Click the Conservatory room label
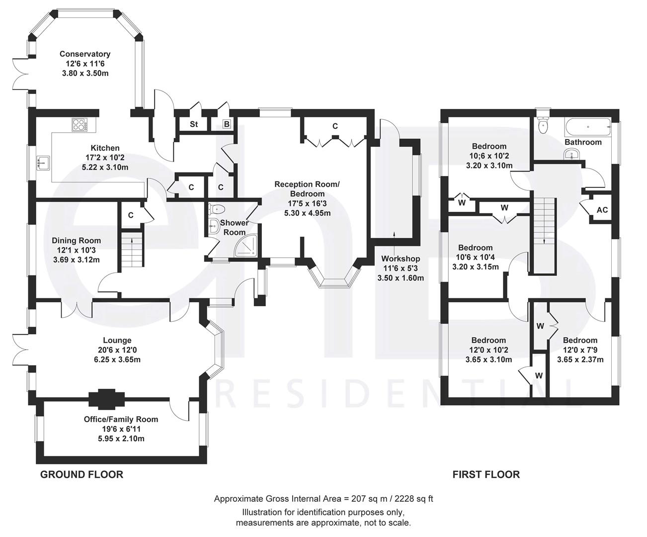[x=84, y=54]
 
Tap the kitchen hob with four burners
[x=80, y=124]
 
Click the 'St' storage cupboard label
[x=194, y=124]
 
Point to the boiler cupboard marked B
[x=227, y=124]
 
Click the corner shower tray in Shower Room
[x=247, y=245]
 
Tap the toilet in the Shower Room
[x=218, y=209]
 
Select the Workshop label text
[x=401, y=259]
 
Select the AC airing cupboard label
[x=602, y=210]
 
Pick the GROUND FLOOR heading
[x=81, y=474]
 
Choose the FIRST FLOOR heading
[x=486, y=474]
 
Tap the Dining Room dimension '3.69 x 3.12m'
[x=77, y=259]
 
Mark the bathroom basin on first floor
[x=572, y=156]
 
